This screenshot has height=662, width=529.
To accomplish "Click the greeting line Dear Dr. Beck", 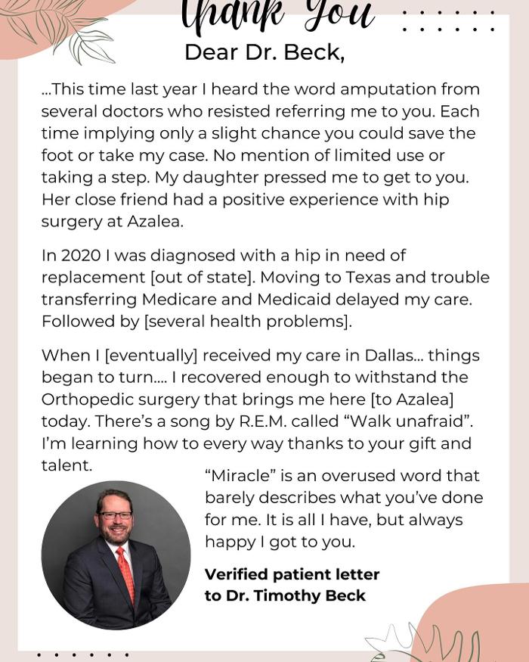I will point(264,52).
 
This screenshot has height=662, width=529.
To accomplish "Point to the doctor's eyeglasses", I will point(115,516).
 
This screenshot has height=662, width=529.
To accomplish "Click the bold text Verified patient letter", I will point(292,574).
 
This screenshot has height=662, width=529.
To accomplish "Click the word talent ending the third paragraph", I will point(67,466).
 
